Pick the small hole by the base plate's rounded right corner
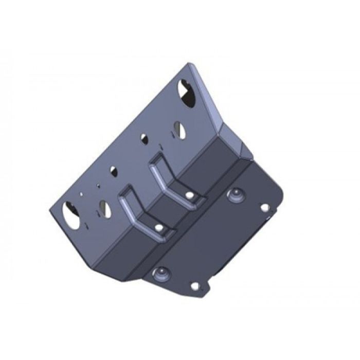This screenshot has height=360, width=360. pyautogui.click(x=264, y=207)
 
